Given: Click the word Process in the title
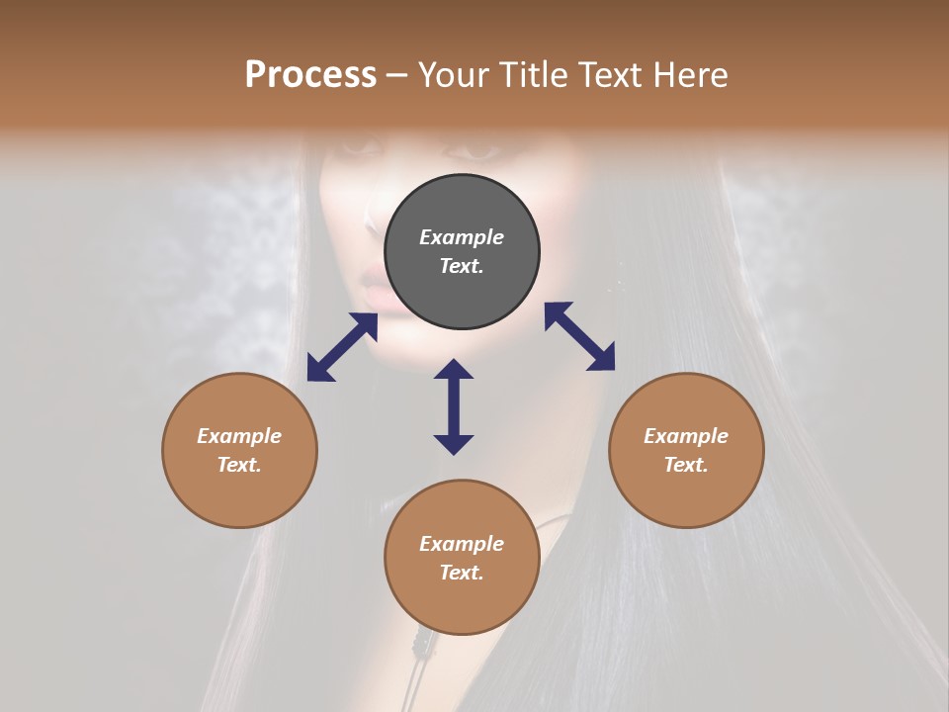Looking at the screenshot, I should click(310, 75).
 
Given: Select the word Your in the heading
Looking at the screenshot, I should click(452, 75).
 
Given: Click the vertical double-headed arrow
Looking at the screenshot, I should click(454, 406).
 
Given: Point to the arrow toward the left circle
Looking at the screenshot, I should click(342, 347).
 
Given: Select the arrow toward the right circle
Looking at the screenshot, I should click(579, 336).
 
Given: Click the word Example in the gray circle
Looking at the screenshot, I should click(462, 237).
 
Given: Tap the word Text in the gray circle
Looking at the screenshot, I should click(462, 266).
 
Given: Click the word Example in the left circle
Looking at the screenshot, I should click(239, 436).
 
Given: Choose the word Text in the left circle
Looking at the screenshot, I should click(239, 465).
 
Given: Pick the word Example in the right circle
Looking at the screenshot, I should click(686, 436).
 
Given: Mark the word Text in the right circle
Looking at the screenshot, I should click(686, 465).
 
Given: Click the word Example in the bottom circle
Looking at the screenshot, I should click(462, 544).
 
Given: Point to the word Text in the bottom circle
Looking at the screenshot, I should click(462, 573).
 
